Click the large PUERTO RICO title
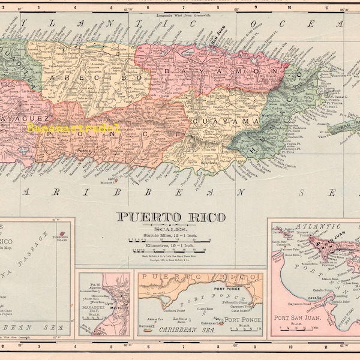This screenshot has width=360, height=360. point(171,218)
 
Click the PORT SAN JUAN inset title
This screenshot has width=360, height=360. point(296,318)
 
